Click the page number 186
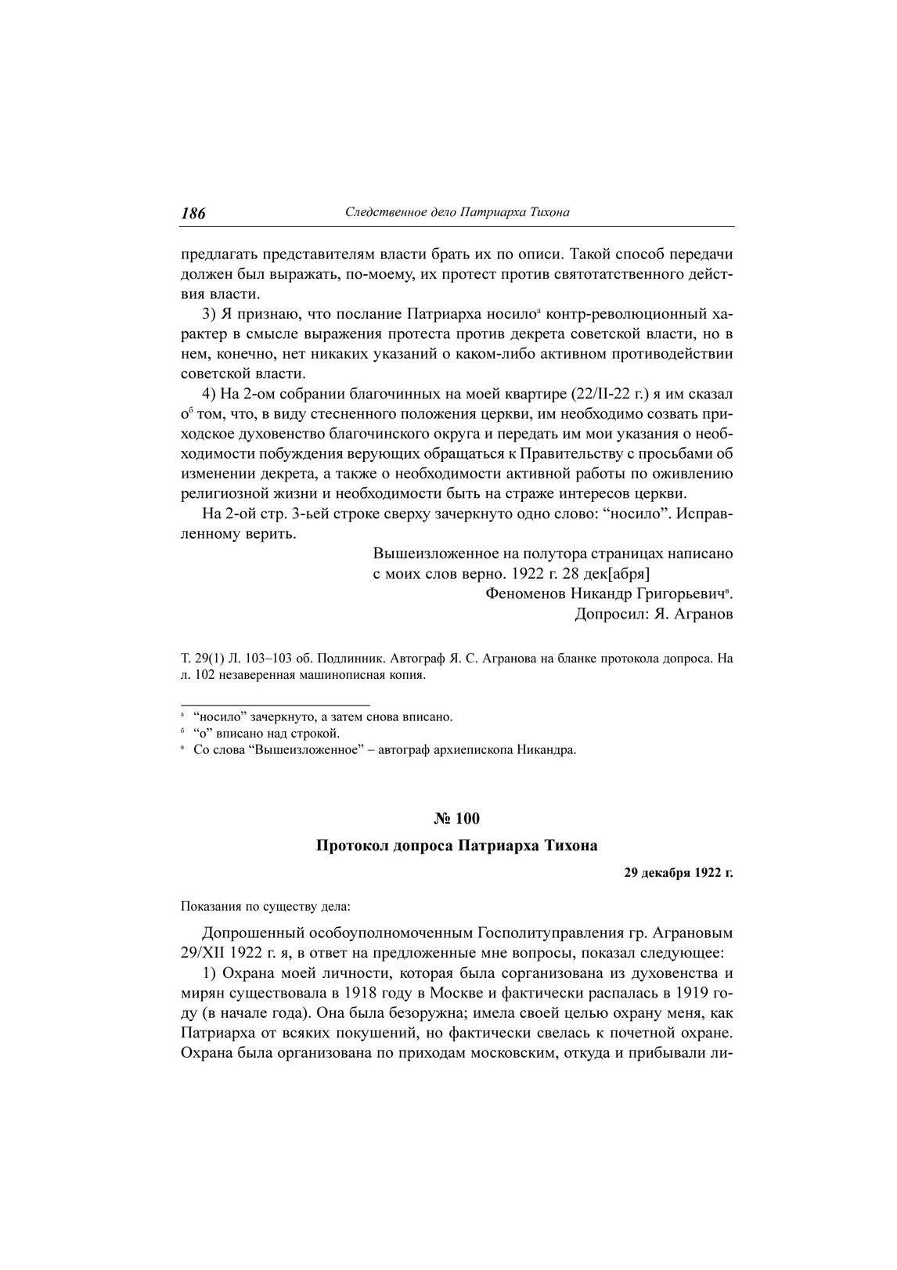[x=193, y=213]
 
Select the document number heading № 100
[x=456, y=818]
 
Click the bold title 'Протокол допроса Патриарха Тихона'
[x=456, y=846]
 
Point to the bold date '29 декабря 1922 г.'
[x=678, y=872]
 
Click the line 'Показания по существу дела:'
[x=265, y=907]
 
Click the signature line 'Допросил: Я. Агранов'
[x=654, y=614]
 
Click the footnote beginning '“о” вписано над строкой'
[x=266, y=733]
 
